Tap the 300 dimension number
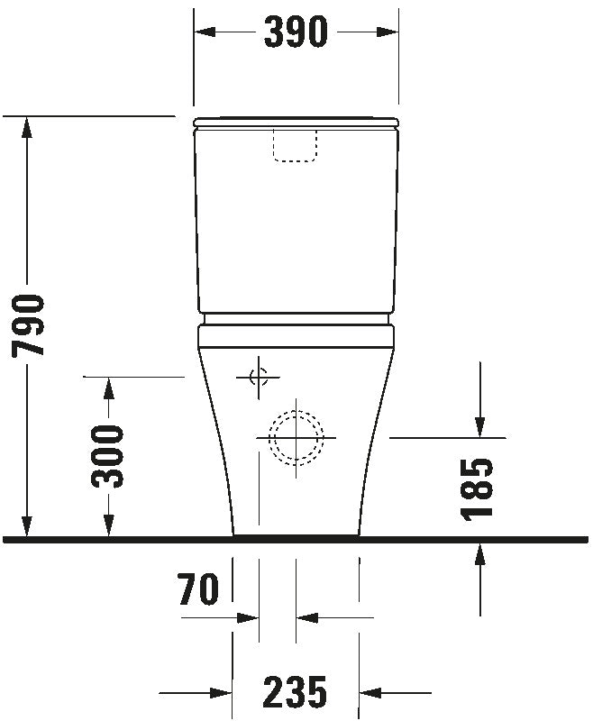point(109,455)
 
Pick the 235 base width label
point(295,692)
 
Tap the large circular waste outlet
point(296,438)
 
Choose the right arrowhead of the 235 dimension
point(371,693)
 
